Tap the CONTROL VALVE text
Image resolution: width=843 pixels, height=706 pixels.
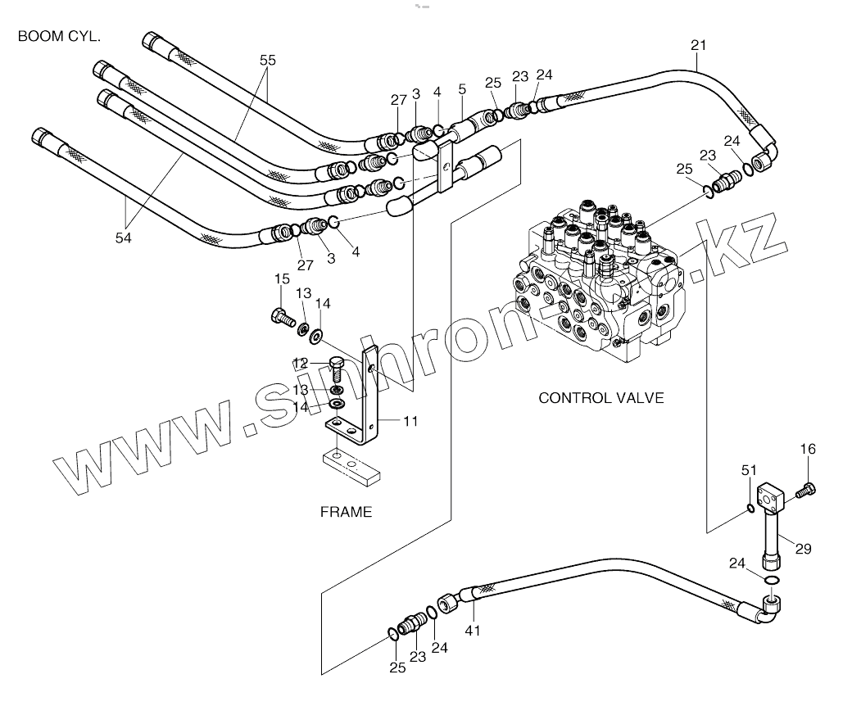[x=601, y=398]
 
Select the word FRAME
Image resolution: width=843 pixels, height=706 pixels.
[x=346, y=513]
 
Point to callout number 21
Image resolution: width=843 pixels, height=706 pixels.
[x=697, y=44]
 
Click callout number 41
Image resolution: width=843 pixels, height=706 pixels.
[x=473, y=630]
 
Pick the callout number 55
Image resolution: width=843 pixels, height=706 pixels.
[x=268, y=61]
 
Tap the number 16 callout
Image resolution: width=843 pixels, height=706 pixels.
[x=808, y=448]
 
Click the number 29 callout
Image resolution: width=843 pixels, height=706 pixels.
[x=803, y=549]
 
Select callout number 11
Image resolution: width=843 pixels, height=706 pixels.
[x=410, y=422]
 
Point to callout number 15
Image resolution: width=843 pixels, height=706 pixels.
[x=281, y=279]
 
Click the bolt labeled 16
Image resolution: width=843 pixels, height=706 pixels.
[x=807, y=490]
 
